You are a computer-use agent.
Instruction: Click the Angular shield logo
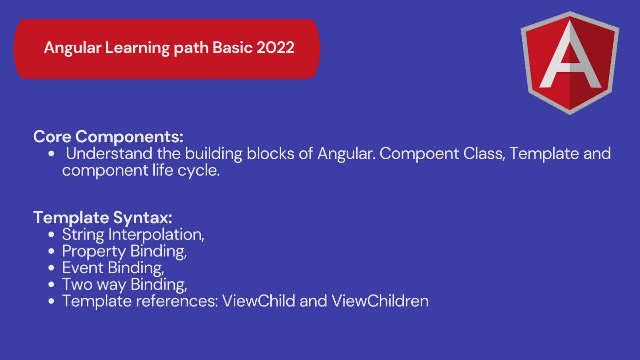tap(570, 63)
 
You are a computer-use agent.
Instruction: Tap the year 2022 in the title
tap(275, 48)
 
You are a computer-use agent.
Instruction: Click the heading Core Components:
tap(108, 137)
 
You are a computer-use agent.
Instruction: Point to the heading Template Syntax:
tap(103, 218)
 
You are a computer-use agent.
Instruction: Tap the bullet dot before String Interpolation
tap(51, 235)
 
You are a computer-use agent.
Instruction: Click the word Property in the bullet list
tap(94, 252)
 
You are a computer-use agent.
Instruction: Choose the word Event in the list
tap(83, 268)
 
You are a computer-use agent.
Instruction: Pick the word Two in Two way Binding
tap(77, 285)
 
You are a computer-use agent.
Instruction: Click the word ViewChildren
tap(380, 301)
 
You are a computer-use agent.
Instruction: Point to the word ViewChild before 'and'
tap(259, 301)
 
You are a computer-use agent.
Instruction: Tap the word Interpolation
tap(156, 235)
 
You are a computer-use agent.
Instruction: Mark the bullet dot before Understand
tap(51, 154)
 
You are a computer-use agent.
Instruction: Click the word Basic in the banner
tap(232, 48)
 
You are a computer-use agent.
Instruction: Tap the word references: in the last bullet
tap(177, 301)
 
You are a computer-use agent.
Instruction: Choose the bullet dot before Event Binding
tap(51, 268)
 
